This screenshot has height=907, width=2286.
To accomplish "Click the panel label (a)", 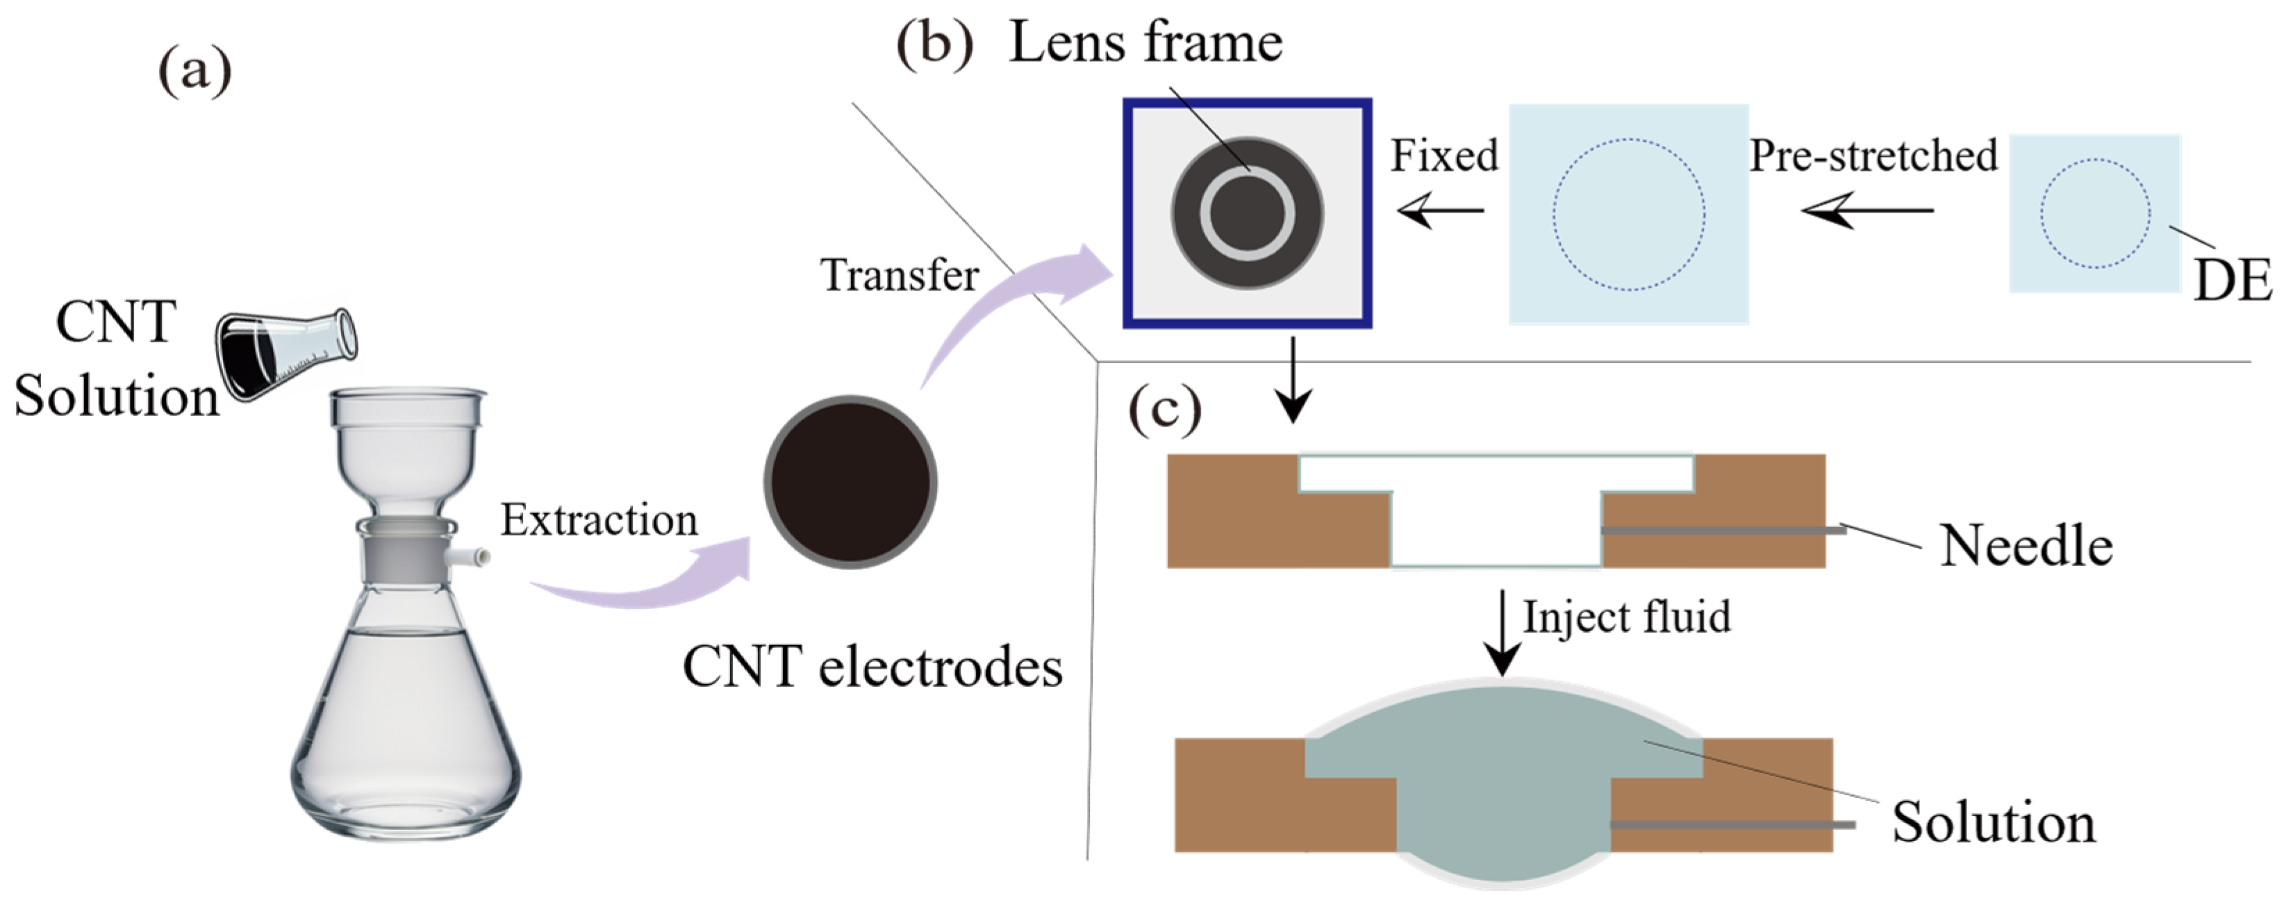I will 194,71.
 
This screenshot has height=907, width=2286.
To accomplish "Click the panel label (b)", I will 934,42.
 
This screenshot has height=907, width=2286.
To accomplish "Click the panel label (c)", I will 1165,410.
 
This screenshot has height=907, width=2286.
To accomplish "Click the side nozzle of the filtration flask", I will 471,558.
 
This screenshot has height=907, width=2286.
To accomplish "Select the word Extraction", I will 599,520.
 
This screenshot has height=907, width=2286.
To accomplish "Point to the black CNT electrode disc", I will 850,482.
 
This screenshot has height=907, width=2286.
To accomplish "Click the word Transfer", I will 899,275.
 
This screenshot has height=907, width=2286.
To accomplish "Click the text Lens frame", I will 1145,42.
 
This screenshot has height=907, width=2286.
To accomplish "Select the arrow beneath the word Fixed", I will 1439,210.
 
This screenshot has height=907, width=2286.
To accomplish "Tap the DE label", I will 2232,281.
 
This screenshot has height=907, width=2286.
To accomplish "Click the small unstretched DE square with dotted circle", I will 2094,213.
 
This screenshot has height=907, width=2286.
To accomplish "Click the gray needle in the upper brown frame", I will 1721,531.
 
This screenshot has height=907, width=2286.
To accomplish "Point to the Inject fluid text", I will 1627,617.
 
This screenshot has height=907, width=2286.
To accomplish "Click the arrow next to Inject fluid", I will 1502,632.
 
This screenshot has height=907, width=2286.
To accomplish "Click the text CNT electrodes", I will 872,667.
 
